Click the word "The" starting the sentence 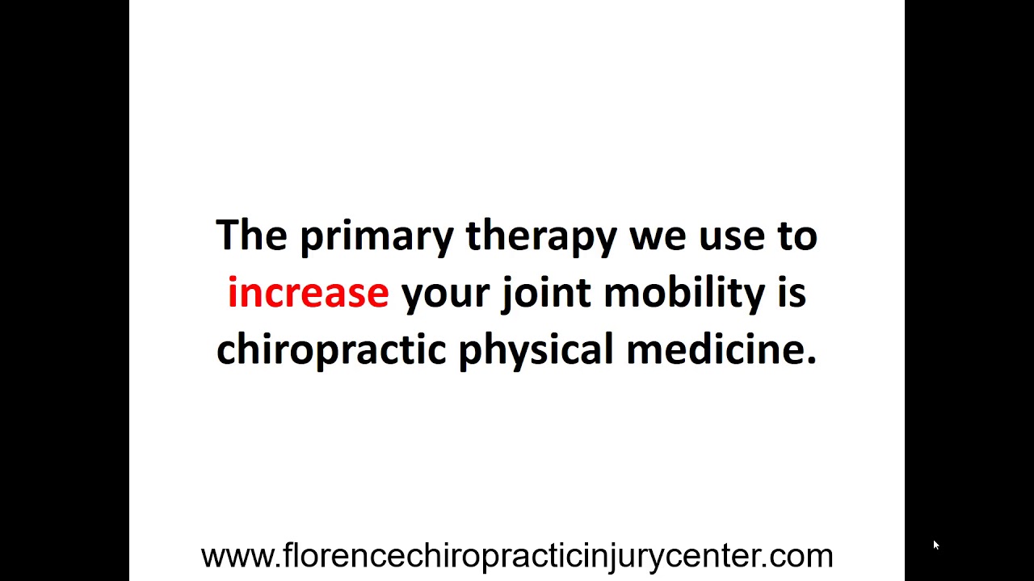[x=251, y=236]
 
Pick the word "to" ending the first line [x=797, y=236]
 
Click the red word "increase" [x=308, y=293]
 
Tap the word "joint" [x=546, y=293]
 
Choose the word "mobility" [x=683, y=293]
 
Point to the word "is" [x=792, y=293]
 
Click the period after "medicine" [x=811, y=362]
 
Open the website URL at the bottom [x=517, y=556]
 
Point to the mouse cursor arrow [x=935, y=545]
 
